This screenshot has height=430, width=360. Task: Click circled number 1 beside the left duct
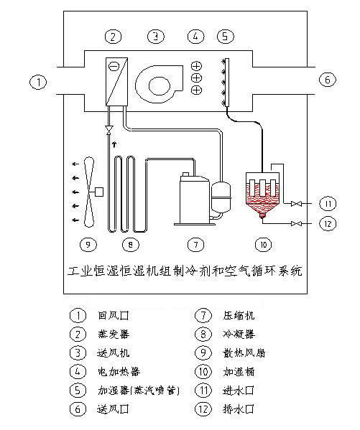[40, 82]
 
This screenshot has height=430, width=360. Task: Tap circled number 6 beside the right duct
[326, 80]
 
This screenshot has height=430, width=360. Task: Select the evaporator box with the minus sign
[116, 81]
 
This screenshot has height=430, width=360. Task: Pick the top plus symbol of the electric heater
[196, 67]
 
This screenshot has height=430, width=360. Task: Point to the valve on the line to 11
[295, 205]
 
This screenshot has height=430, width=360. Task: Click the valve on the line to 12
[295, 225]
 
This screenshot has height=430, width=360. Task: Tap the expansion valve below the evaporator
[109, 130]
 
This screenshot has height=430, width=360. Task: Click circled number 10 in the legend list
[203, 372]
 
